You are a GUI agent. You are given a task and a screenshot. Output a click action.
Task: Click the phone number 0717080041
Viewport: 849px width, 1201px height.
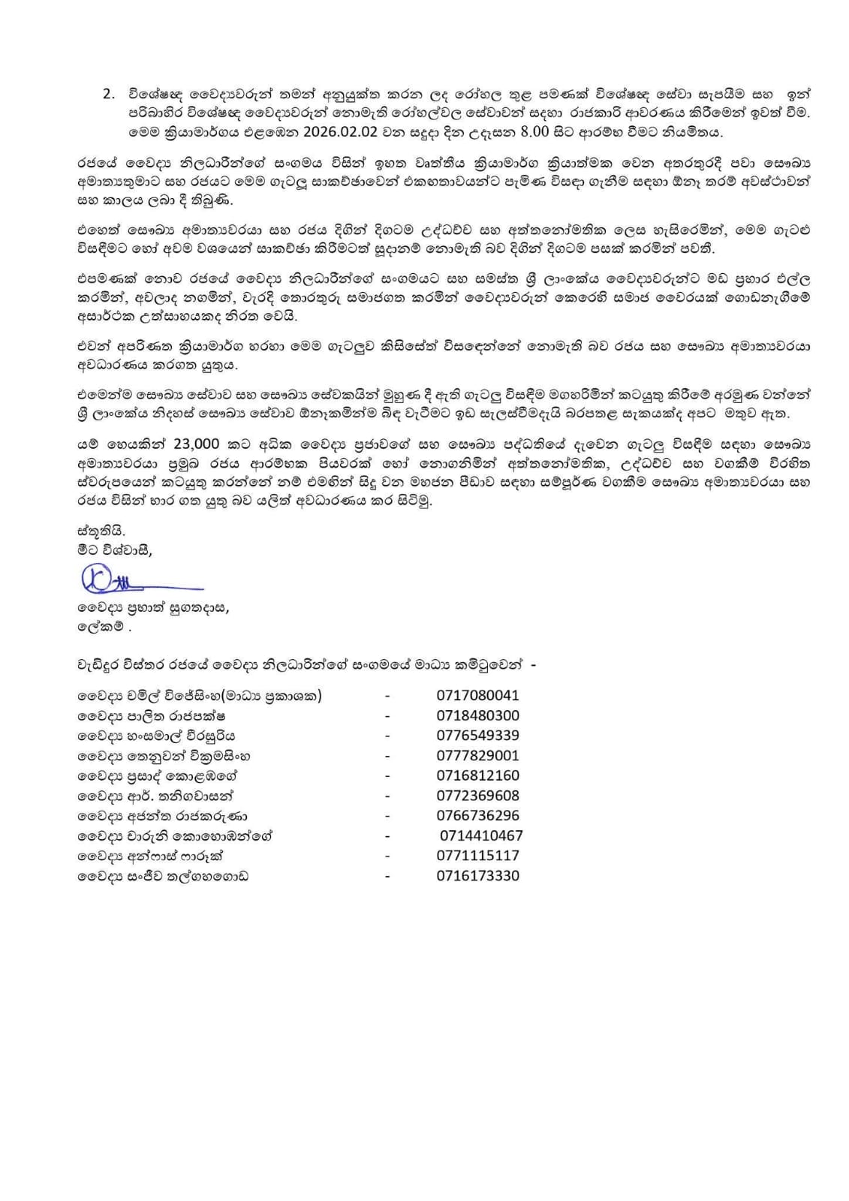[x=477, y=695]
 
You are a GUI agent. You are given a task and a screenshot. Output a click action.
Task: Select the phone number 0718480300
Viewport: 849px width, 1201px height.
[x=477, y=715]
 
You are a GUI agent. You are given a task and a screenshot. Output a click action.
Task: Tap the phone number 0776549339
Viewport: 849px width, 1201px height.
[x=477, y=736]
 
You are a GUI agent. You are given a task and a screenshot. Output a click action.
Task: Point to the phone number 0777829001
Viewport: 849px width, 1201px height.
[x=477, y=755]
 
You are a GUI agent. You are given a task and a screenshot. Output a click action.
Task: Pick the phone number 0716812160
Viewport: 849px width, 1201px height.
[x=477, y=775]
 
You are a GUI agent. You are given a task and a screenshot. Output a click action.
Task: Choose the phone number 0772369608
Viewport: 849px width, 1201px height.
[x=477, y=796]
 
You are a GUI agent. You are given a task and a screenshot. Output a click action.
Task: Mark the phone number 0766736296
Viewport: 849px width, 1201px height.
[x=477, y=815]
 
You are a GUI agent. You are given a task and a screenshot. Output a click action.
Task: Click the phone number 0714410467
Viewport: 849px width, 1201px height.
[x=481, y=835]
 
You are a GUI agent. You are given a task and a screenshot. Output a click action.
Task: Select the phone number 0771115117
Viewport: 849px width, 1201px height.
[x=477, y=856]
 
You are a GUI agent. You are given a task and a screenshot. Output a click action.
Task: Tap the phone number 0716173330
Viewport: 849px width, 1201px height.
[x=477, y=875]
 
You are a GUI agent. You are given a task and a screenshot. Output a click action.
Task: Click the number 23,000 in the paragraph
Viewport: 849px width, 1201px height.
[x=196, y=443]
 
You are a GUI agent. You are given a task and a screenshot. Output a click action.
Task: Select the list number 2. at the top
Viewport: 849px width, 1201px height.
[x=109, y=94]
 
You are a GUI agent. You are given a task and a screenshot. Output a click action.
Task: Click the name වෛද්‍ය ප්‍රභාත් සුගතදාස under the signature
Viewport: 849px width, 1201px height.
[x=153, y=609]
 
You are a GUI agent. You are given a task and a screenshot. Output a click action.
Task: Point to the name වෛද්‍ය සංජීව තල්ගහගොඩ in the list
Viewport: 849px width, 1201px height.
[x=162, y=876]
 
